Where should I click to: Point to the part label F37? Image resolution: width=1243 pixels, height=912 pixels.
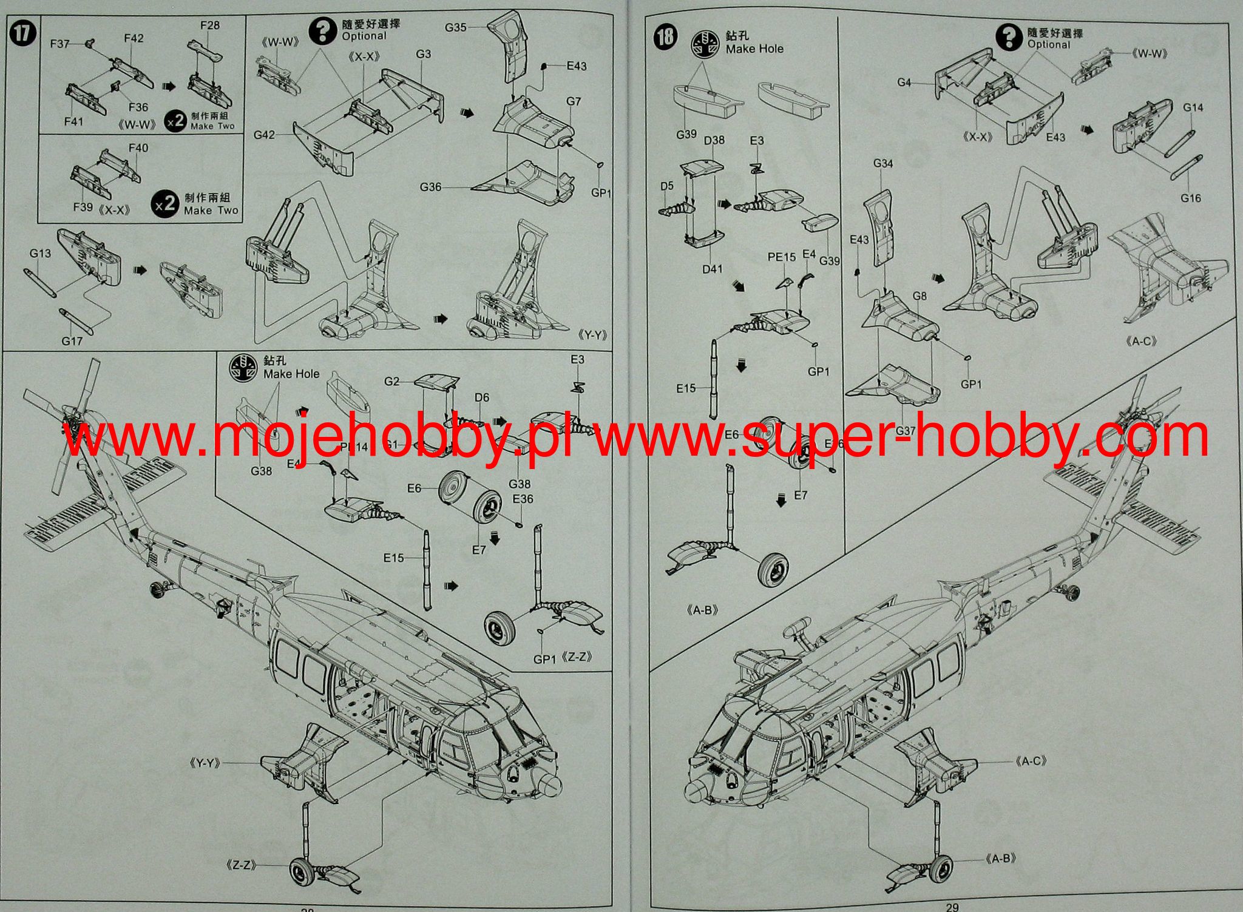click(59, 43)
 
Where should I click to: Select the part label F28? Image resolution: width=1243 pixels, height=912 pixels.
click(209, 25)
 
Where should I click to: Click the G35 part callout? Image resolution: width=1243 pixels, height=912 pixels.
click(455, 27)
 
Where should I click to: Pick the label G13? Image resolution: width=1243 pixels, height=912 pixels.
click(40, 253)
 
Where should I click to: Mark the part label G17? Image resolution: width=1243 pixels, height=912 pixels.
click(72, 341)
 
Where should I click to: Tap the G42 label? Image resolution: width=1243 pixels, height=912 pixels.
click(264, 135)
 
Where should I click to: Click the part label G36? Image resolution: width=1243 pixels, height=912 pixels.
click(430, 187)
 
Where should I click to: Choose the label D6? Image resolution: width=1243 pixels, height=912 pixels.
click(481, 397)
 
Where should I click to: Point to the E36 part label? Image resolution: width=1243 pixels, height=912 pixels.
click(523, 498)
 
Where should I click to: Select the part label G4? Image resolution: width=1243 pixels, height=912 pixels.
click(904, 83)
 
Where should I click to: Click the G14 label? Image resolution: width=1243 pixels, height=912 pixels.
click(1193, 107)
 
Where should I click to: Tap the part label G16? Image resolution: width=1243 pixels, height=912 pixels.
click(1191, 198)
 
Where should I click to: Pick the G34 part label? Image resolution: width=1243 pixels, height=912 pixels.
click(883, 163)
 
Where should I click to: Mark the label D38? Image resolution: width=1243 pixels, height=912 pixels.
click(714, 140)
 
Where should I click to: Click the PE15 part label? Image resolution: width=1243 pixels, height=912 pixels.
click(781, 257)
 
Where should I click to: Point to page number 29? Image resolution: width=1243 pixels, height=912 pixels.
click(952, 907)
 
